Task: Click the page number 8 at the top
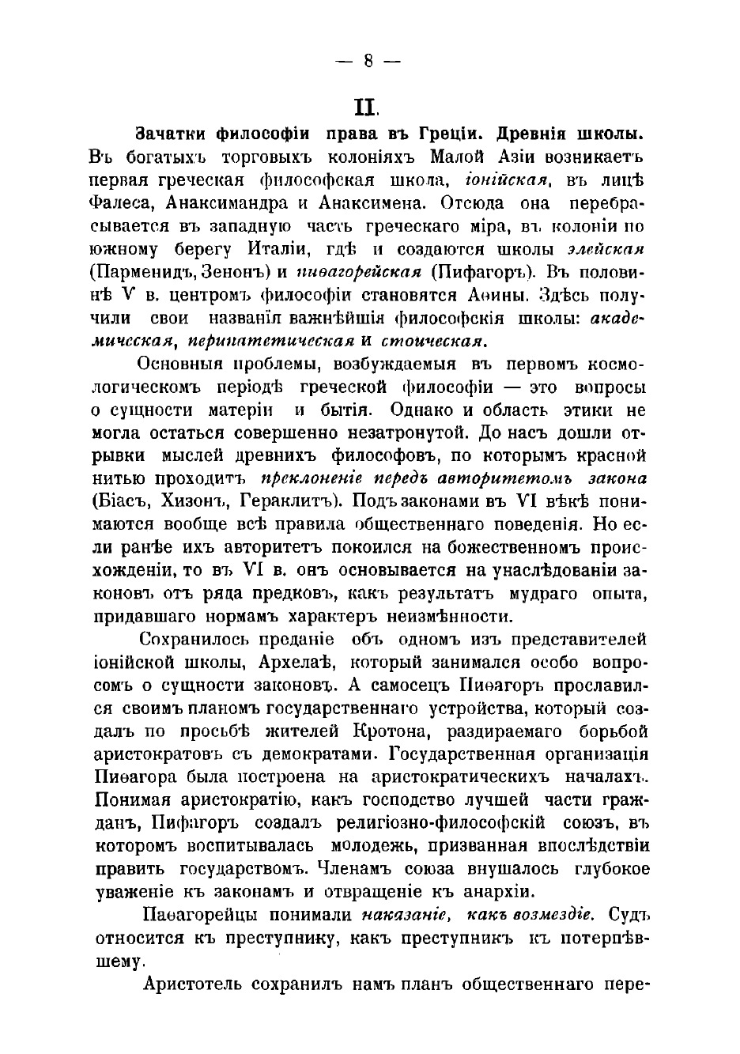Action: coord(369,62)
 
